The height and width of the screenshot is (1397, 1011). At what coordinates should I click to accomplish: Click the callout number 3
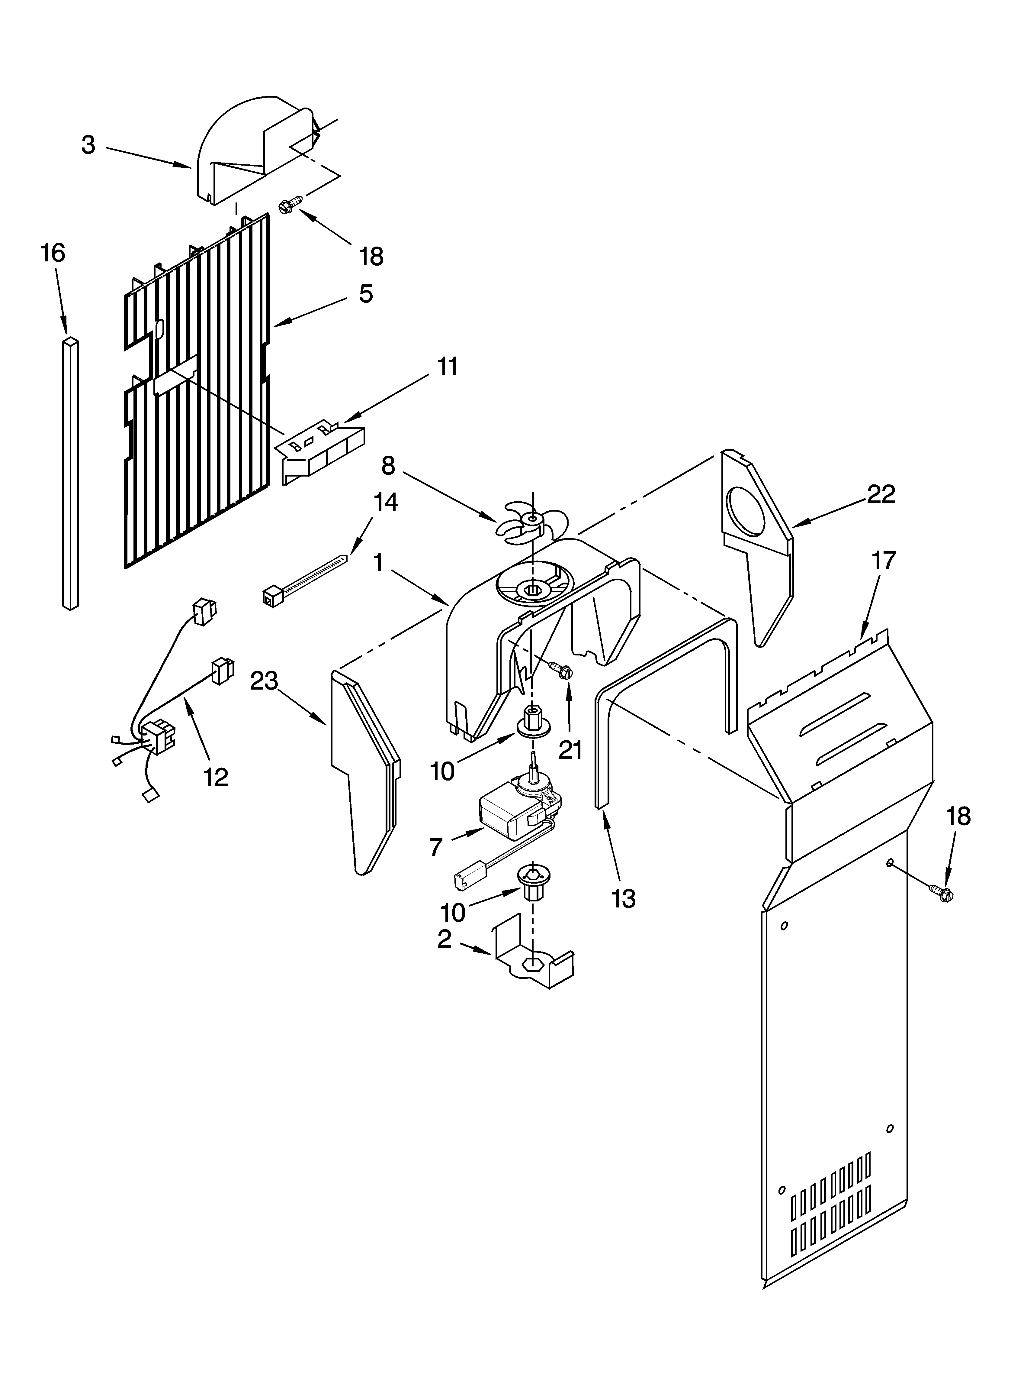[x=89, y=145]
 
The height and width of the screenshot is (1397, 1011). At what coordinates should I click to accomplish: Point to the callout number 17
[x=884, y=561]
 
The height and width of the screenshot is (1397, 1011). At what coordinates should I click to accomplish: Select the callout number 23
[x=264, y=681]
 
